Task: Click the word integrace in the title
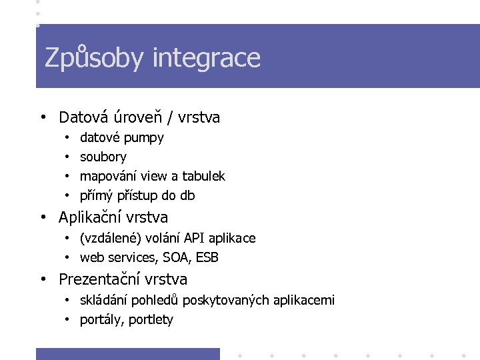(206, 58)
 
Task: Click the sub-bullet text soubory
(103, 157)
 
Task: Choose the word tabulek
(203, 176)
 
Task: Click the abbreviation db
(187, 195)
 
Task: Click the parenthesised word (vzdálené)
(109, 239)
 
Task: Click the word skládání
(105, 301)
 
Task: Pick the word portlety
(151, 320)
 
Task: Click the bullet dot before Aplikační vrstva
(43, 217)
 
